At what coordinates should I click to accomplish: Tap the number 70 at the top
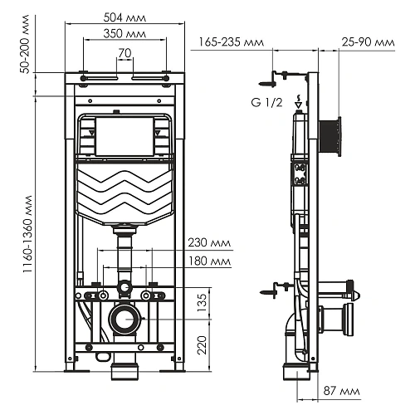pos(124,53)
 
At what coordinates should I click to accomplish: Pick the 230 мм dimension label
pos(210,243)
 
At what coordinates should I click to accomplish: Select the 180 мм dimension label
pos(210,261)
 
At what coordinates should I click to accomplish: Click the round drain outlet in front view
pos(124,317)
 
